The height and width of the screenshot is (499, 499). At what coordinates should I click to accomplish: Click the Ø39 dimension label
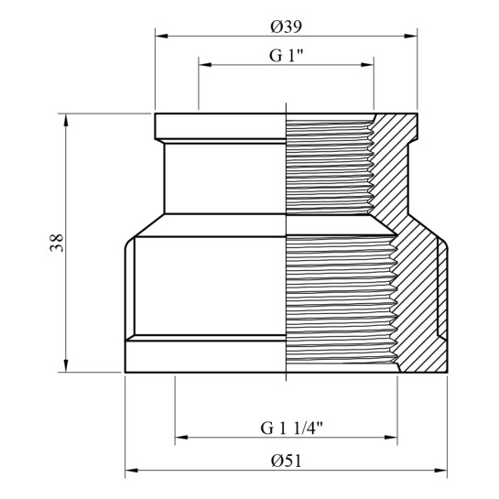[x=286, y=27]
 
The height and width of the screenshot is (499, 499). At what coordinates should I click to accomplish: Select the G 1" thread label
[x=286, y=56]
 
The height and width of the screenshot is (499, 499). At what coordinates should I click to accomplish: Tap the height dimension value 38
[x=57, y=243]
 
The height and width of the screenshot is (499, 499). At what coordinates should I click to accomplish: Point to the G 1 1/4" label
[x=291, y=428]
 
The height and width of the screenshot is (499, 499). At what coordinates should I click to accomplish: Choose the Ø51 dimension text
[x=286, y=461]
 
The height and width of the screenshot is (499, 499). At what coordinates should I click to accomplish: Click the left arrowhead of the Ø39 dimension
[x=161, y=36]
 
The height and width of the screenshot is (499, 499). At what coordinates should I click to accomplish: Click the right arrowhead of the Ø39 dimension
[x=411, y=36]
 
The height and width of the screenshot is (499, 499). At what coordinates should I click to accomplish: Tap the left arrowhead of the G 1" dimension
[x=205, y=65]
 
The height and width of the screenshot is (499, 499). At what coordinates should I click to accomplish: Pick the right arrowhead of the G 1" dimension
[x=367, y=65]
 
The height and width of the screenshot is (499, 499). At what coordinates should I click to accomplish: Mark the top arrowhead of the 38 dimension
[x=66, y=120]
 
